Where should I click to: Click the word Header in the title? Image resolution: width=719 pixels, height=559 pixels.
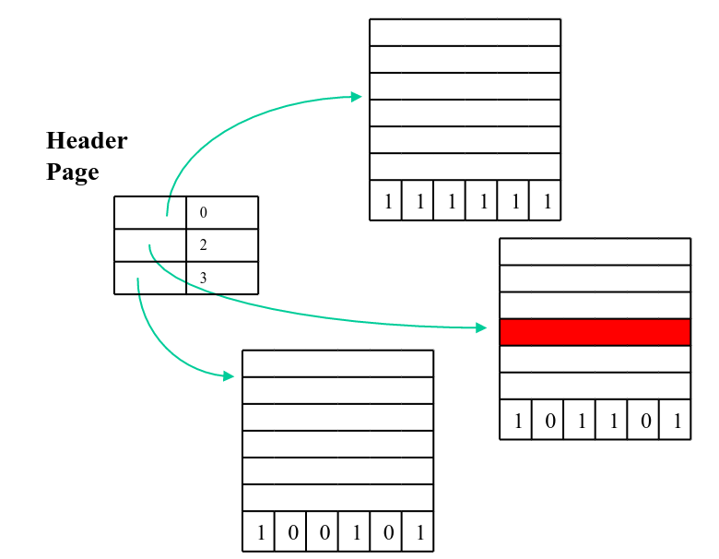87,141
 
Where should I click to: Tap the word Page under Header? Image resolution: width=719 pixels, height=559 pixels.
72,172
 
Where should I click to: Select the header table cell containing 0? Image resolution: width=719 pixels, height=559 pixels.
221,212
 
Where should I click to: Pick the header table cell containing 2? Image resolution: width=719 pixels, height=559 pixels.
221,245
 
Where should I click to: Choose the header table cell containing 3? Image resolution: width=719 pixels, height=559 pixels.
221,278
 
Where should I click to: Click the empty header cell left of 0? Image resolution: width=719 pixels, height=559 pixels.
150,212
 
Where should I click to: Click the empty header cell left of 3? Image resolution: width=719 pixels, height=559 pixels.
150,278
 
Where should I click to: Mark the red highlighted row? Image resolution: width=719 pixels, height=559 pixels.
595,332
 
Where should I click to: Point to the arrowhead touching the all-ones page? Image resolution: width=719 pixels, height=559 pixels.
356,96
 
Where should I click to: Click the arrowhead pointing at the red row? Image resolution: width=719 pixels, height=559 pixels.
480,327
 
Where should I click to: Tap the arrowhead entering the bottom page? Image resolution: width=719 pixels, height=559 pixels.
228,375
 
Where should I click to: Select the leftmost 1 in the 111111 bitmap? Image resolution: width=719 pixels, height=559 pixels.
387,202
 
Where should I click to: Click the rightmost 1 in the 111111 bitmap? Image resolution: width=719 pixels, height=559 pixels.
547,202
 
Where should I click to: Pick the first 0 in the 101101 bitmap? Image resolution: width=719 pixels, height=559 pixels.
549,422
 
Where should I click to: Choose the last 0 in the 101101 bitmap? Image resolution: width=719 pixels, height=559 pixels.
644,422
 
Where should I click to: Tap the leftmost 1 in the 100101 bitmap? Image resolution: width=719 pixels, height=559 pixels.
260,533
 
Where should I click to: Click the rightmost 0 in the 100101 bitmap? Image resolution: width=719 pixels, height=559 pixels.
387,533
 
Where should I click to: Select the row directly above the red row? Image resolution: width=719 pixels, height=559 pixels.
595,305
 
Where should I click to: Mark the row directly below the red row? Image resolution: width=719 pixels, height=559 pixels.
595,359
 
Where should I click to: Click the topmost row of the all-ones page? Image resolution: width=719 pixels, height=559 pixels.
465,32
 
